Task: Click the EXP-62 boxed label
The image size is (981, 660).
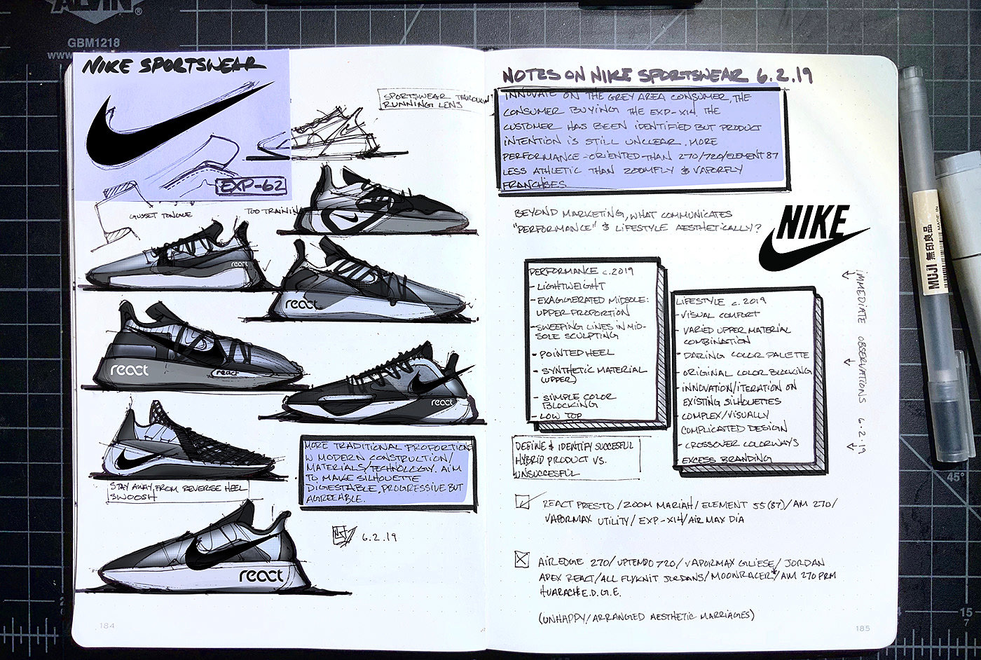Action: pyautogui.click(x=252, y=186)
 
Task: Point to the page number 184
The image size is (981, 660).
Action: pyautogui.click(x=107, y=626)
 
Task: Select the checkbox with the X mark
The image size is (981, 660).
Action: pyautogui.click(x=521, y=559)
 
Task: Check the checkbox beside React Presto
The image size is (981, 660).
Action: pyautogui.click(x=523, y=502)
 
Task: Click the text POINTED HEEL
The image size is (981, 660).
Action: pyautogui.click(x=576, y=353)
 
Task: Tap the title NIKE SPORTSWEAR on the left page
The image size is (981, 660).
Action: pyautogui.click(x=174, y=67)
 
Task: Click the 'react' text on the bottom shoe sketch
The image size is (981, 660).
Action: pyautogui.click(x=261, y=576)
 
